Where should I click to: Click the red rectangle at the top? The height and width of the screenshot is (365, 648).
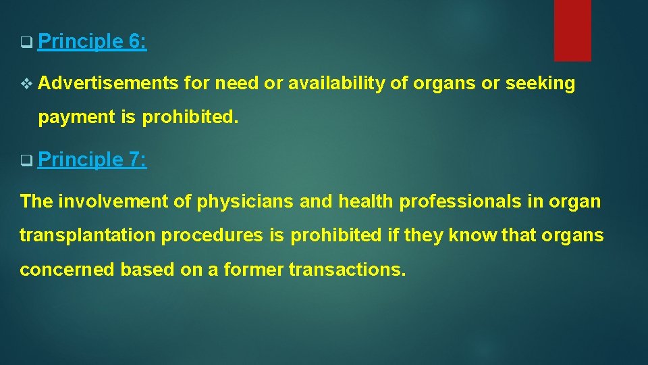[572, 30]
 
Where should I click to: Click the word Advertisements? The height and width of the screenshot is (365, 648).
[108, 84]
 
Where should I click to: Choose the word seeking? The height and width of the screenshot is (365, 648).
[541, 84]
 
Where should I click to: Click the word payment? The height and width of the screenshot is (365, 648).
[76, 117]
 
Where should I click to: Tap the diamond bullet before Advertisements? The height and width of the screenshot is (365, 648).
[26, 84]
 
